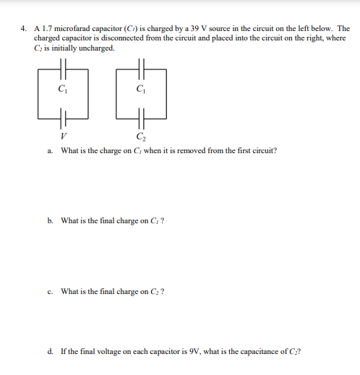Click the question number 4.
(x=24, y=29)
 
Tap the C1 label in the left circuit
(x=63, y=90)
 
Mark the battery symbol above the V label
(x=64, y=118)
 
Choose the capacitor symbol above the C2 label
(x=142, y=118)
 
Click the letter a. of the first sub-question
(x=50, y=151)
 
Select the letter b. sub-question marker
(x=50, y=221)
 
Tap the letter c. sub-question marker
(x=50, y=291)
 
